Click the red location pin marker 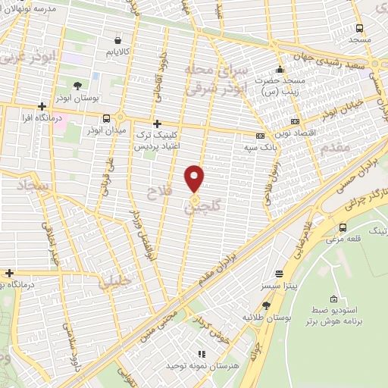click(x=195, y=178)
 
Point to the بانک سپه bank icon click(x=261, y=136)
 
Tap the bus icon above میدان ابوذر click(x=106, y=117)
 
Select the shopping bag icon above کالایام click(x=118, y=40)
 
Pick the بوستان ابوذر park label click(x=77, y=98)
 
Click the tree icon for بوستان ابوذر click(x=77, y=86)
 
